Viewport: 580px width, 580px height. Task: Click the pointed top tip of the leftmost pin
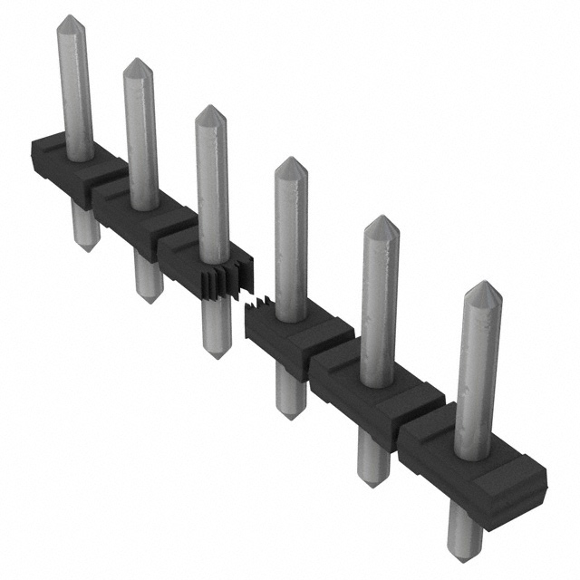69,17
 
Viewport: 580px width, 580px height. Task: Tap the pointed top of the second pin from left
137,62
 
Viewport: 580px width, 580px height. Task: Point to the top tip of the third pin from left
209,108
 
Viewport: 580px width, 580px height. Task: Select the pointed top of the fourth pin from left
290,159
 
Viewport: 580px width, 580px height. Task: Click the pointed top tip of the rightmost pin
480,284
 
